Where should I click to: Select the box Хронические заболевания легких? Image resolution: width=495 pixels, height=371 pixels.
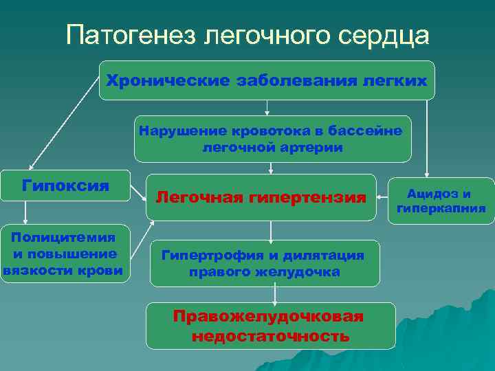[x=267, y=80]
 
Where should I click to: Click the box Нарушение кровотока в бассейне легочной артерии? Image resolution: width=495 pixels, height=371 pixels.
[x=272, y=138]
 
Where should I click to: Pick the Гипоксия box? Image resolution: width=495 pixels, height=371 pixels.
[x=65, y=185]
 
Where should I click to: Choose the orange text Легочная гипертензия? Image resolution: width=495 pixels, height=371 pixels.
[x=261, y=198]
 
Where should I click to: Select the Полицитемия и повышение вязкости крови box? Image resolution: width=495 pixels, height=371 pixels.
[x=64, y=254]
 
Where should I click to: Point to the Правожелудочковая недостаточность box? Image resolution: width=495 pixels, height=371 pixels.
[x=269, y=326]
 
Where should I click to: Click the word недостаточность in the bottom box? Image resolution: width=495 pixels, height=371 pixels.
[x=270, y=337]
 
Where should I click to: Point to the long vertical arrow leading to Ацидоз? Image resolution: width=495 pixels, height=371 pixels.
[x=428, y=137]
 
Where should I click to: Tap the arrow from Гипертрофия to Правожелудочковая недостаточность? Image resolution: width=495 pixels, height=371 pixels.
[x=275, y=294]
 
